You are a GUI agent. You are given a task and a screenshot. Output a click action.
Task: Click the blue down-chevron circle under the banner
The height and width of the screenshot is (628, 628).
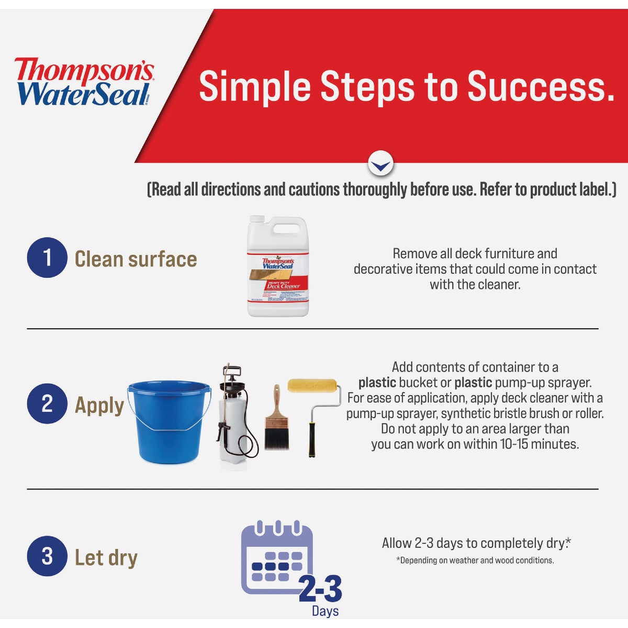click(x=380, y=164)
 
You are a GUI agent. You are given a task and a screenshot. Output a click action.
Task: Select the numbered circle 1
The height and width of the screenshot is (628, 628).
click(x=47, y=258)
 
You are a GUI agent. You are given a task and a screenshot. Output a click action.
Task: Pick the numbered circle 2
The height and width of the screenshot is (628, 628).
click(x=47, y=403)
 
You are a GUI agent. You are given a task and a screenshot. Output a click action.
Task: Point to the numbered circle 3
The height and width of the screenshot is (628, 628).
click(x=47, y=556)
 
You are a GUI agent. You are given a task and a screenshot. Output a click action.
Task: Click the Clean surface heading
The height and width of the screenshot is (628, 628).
click(x=136, y=259)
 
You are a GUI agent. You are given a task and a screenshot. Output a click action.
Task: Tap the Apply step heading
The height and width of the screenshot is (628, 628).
click(x=99, y=405)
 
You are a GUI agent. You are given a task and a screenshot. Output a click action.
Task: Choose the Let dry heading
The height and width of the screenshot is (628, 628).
click(x=106, y=557)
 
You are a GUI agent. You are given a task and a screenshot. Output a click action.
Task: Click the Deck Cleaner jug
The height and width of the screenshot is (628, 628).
click(x=278, y=267)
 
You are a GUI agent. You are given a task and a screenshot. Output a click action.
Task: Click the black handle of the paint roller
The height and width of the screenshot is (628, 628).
click(x=312, y=439)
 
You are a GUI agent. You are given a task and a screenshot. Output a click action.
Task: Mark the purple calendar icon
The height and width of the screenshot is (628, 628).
click(x=276, y=557)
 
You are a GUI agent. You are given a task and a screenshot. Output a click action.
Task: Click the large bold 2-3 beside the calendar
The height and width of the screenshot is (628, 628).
click(x=320, y=589)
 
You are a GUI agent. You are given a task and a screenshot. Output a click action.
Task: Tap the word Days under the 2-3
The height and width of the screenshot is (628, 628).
click(x=325, y=611)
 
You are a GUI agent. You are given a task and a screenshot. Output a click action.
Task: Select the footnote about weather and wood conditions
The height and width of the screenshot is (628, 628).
click(x=475, y=560)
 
